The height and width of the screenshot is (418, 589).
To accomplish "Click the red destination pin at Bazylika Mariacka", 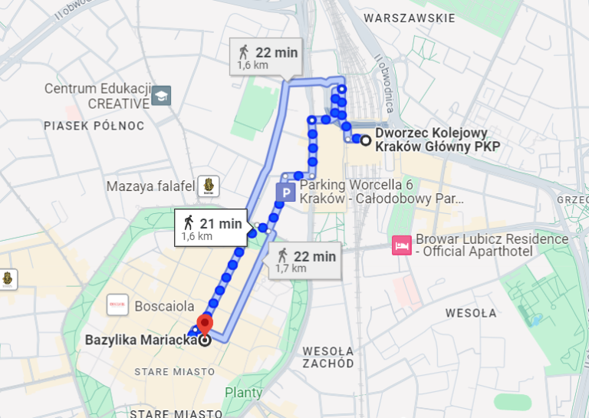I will [x=205, y=324].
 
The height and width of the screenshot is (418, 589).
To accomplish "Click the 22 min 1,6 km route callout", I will [x=265, y=58].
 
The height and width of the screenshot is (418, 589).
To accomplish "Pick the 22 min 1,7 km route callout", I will [x=304, y=260].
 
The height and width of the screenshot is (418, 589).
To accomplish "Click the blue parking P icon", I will [x=285, y=192].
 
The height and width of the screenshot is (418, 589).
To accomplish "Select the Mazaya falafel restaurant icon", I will [x=209, y=186].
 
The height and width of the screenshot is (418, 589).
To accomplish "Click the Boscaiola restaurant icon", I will [x=118, y=304].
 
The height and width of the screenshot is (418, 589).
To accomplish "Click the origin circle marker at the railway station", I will [x=366, y=140].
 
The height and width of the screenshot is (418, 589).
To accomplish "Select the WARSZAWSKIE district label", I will [x=410, y=18].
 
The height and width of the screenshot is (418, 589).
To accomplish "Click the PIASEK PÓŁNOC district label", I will [x=94, y=126].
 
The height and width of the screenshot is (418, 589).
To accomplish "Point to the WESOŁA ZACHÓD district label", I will [x=327, y=357].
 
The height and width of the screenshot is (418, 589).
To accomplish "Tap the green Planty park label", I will [x=243, y=393].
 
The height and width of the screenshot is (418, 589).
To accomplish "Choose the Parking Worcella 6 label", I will [x=381, y=192].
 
